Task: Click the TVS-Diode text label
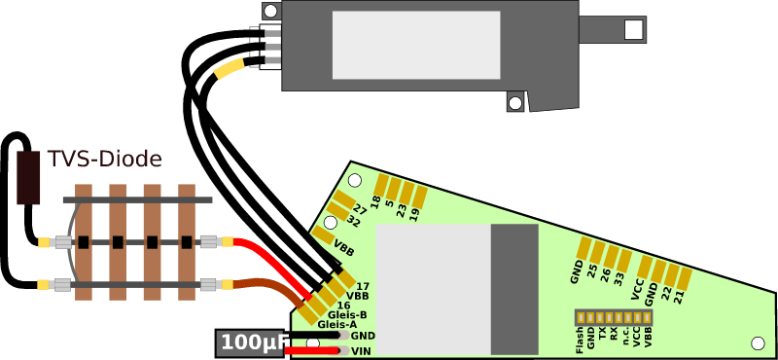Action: (x=104, y=159)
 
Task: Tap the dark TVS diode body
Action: (x=29, y=177)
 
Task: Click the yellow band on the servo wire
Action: (x=230, y=69)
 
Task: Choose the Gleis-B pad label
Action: (x=347, y=315)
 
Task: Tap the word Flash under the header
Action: (x=581, y=339)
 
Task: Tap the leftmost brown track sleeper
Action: (x=85, y=239)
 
